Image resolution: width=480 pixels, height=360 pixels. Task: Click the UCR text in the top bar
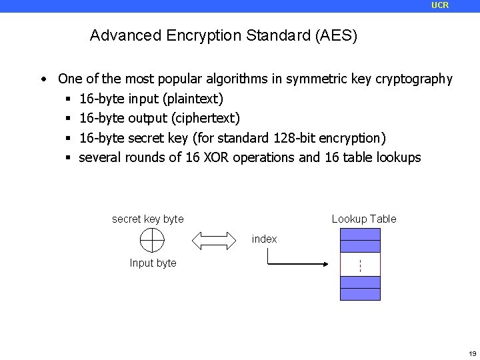tap(440, 5)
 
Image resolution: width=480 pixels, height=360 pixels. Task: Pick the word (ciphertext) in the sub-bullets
tap(206, 119)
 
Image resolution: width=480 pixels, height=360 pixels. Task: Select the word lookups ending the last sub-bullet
tap(397, 158)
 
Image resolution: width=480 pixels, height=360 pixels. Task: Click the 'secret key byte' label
tap(148, 219)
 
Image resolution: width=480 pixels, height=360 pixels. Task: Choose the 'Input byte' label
tap(153, 263)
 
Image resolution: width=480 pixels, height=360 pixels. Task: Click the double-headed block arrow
tap(215, 239)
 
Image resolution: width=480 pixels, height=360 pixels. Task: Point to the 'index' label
tap(265, 239)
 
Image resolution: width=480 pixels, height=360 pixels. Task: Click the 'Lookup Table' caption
tap(364, 219)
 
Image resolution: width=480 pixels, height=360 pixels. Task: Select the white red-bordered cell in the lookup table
tap(360, 264)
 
